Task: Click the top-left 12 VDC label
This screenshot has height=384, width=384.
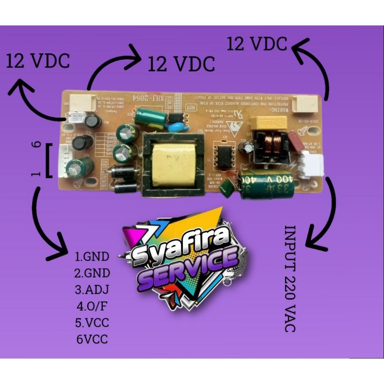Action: click(38, 61)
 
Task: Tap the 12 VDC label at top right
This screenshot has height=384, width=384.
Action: click(257, 44)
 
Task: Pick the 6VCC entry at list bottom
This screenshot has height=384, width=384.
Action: click(91, 339)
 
